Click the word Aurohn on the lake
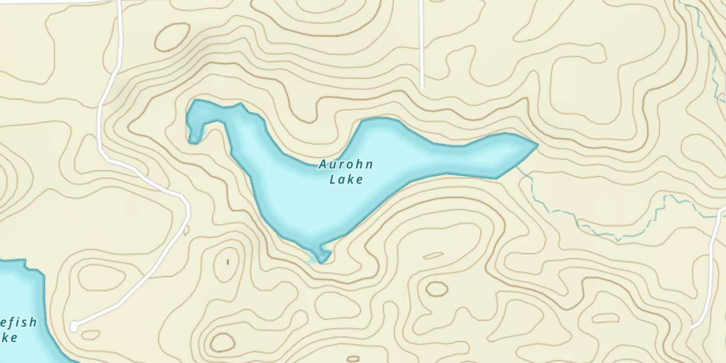pos(346,165)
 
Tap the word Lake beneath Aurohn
pos(346,180)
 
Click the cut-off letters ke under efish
pos(10,337)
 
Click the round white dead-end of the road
pos(74,327)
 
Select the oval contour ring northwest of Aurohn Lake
pos(172,37)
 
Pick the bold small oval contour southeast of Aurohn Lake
pos(437,288)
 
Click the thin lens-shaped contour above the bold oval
pos(433,256)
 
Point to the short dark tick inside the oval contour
pos(228,262)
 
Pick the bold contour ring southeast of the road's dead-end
pos(222,342)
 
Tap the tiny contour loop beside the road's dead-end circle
pos(91,334)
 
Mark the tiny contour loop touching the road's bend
pos(186,231)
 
